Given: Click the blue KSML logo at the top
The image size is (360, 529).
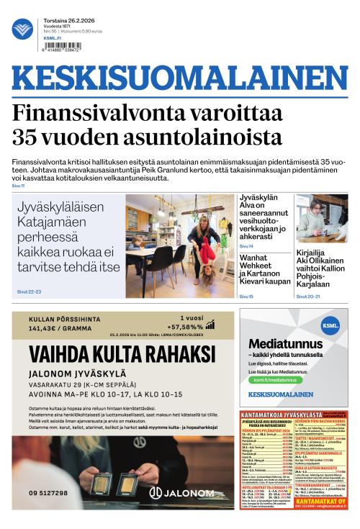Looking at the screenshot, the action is [x=22, y=29].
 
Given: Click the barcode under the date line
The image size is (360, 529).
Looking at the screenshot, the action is [x=63, y=47].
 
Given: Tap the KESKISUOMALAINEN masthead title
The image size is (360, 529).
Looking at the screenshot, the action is [x=180, y=80].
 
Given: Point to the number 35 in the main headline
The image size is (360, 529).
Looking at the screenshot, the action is [x=28, y=136].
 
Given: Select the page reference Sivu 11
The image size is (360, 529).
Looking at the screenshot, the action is [x=19, y=186].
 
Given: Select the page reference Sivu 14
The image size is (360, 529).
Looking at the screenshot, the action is [x=246, y=246].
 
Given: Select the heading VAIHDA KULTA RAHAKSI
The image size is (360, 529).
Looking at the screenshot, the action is [x=122, y=353].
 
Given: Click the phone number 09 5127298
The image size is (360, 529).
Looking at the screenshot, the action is [x=48, y=493].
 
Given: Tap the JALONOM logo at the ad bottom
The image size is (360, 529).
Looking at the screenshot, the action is [x=181, y=492].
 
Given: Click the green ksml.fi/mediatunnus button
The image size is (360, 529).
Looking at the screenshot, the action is [x=274, y=379].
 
